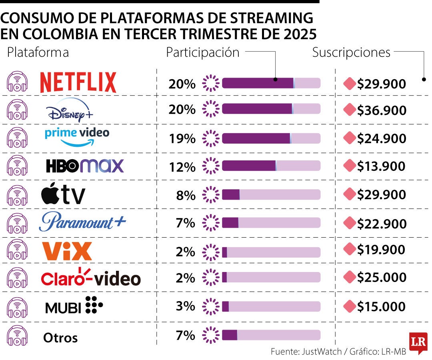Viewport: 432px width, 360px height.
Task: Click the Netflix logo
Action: [78, 82]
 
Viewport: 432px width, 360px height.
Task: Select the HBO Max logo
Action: [85, 166]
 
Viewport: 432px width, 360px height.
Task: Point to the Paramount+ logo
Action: [82, 222]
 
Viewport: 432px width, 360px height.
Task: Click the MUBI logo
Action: [74, 306]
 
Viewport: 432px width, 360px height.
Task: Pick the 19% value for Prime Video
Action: [182, 139]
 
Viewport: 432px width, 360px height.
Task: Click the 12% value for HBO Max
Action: [182, 167]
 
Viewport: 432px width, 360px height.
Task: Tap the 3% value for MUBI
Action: [186, 307]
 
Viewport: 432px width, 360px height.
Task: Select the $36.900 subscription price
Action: [382, 110]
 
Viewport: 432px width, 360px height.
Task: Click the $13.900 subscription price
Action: [382, 166]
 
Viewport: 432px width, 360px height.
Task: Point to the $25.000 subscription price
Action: [382, 278]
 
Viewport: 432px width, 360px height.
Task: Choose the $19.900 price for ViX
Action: [382, 250]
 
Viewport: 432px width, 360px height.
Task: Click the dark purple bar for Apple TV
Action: [231, 195]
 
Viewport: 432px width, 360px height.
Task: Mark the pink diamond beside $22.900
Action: [350, 222]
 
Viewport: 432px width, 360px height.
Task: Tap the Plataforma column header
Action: [38, 52]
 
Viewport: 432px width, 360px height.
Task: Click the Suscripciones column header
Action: [351, 52]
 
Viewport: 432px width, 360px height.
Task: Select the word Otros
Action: [60, 338]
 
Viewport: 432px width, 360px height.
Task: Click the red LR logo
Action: [418, 342]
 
